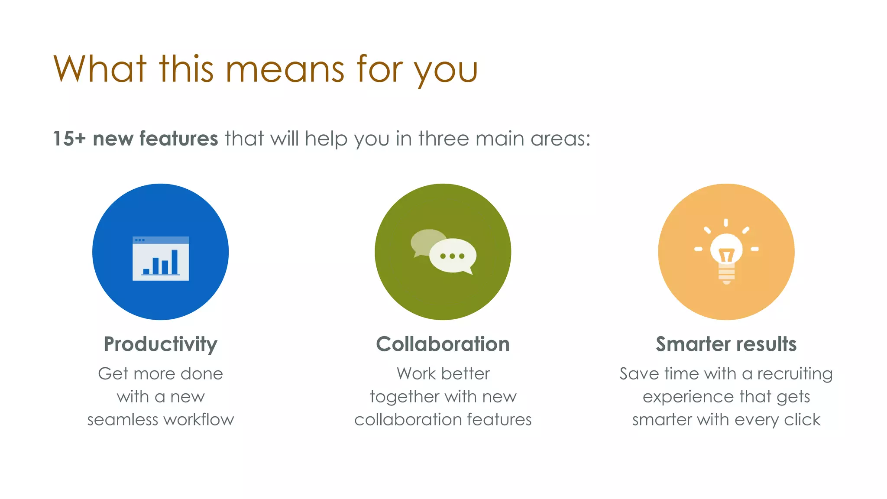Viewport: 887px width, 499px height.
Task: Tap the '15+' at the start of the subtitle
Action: [69, 139]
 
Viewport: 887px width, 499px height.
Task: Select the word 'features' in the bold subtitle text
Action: [178, 139]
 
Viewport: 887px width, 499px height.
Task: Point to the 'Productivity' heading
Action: [160, 344]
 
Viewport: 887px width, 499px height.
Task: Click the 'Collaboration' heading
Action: [443, 344]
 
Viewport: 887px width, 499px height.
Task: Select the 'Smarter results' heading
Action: [726, 344]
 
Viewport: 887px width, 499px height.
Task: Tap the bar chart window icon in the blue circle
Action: [161, 259]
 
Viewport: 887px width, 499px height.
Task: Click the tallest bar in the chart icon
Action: [175, 262]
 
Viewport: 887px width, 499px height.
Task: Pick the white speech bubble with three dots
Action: [453, 256]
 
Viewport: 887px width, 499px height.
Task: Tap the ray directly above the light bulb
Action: [726, 223]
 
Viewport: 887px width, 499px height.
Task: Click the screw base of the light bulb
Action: [726, 275]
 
